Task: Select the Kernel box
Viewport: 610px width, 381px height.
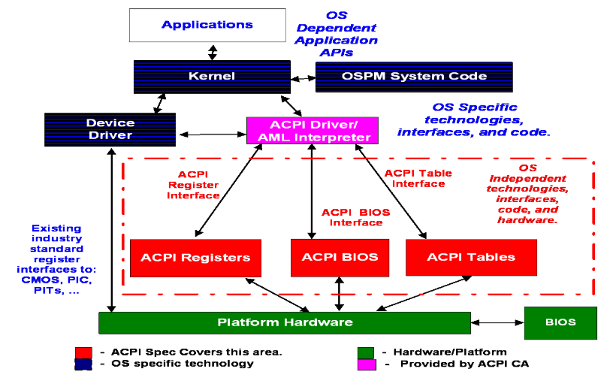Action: coord(211,76)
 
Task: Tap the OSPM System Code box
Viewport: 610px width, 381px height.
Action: coord(414,76)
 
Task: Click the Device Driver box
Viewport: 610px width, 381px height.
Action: coord(110,129)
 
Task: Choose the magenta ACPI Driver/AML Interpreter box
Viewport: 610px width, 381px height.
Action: coord(310,130)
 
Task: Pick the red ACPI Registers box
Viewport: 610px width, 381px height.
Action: coord(195,258)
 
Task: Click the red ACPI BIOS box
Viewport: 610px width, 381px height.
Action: coord(340,258)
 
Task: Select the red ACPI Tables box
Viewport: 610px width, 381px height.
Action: coord(471,258)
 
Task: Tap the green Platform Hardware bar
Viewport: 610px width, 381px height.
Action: coord(285,322)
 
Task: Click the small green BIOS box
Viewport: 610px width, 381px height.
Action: coord(560,322)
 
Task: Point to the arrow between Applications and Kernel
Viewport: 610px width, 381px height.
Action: coord(213,52)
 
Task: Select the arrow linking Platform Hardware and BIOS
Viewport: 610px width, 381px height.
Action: coord(497,322)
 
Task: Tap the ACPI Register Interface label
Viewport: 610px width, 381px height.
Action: coord(192,184)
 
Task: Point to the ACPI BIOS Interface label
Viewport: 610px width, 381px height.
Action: coord(355,217)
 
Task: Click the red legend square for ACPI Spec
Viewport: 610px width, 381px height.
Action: coord(83,352)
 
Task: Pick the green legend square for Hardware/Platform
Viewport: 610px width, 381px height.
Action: coord(366,352)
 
